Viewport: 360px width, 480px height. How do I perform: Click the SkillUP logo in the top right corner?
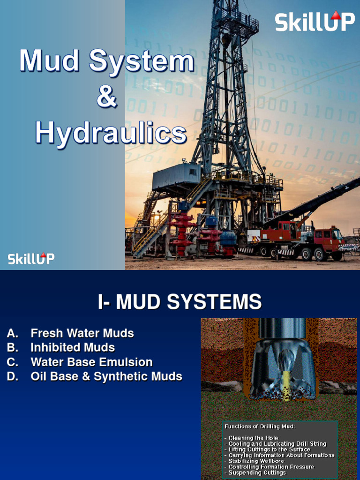[x=315, y=22]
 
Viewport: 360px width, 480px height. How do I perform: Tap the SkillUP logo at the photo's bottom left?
[x=31, y=258]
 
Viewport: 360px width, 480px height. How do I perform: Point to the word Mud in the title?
[x=49, y=61]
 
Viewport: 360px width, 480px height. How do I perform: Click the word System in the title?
[x=141, y=61]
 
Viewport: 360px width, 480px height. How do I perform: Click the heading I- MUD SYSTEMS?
[x=180, y=302]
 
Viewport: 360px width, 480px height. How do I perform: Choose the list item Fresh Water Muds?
[x=82, y=333]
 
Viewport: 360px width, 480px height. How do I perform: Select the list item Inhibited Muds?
[x=73, y=347]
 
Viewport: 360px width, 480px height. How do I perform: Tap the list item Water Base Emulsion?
[x=91, y=362]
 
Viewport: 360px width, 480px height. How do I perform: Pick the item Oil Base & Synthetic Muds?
[x=106, y=376]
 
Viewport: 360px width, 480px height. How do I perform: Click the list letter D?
[x=13, y=376]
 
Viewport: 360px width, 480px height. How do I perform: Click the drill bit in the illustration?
[x=283, y=370]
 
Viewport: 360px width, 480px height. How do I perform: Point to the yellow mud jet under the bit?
[x=285, y=389]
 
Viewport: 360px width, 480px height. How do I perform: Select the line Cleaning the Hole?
[x=253, y=438]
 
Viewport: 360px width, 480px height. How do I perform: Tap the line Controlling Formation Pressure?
[x=271, y=467]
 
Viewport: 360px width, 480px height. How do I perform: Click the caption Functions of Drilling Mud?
[x=259, y=427]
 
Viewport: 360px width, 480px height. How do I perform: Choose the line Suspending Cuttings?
[x=257, y=472]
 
